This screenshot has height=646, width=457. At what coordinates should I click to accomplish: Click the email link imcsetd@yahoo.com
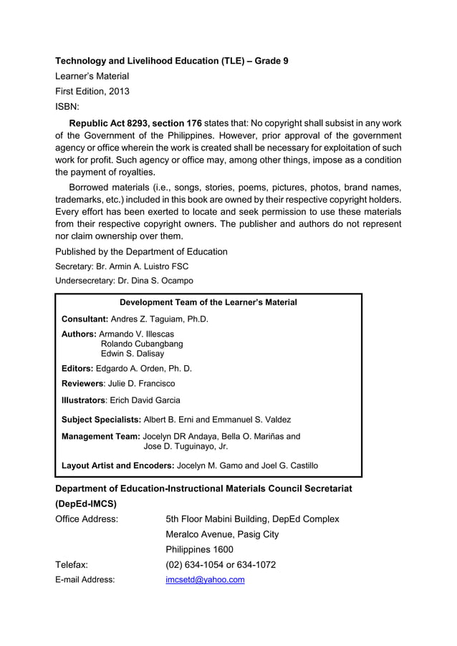205,579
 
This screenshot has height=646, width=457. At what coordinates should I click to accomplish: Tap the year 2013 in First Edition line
118,91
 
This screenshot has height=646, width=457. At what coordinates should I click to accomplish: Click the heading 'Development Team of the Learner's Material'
208,303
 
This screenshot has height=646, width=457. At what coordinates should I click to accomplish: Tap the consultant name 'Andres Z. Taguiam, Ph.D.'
160,319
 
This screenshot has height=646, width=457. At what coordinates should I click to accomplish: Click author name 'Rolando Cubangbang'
142,344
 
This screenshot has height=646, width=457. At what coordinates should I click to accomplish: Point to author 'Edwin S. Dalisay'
132,354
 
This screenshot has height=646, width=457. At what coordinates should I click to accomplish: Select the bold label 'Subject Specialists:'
100,420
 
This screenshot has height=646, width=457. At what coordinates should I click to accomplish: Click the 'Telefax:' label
72,564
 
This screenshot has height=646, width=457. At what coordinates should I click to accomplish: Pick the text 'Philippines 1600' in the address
199,549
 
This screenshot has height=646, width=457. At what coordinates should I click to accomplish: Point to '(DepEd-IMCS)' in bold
86,503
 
